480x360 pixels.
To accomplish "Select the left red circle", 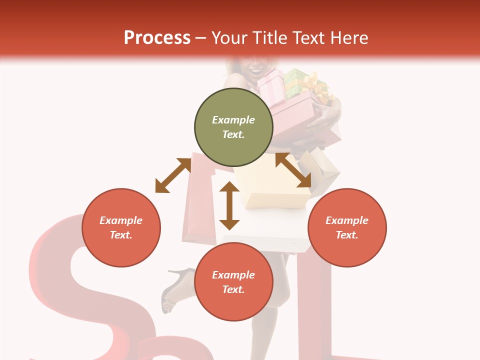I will [121, 227].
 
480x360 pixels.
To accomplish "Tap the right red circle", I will [347, 227].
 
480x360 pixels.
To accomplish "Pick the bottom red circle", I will [233, 282].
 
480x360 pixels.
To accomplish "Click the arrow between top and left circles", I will [173, 175].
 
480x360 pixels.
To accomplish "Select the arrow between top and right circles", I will [293, 170].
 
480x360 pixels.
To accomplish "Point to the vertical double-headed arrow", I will [229, 205].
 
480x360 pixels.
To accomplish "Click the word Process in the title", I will [157, 37].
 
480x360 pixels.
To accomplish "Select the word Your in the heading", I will [229, 37].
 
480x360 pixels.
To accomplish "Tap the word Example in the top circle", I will [233, 120].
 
